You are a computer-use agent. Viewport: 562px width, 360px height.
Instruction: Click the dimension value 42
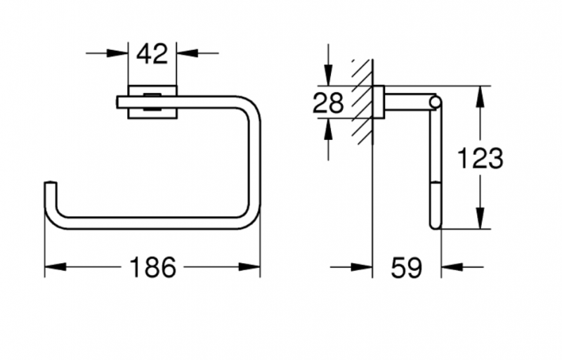[x=152, y=53]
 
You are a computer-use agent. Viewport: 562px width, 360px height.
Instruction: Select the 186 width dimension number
[x=152, y=267]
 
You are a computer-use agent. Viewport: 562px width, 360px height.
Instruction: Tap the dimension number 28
[x=327, y=103]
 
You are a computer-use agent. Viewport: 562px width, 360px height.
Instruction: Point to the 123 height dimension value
[x=481, y=158]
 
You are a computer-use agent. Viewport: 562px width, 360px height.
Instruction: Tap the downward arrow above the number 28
[x=327, y=78]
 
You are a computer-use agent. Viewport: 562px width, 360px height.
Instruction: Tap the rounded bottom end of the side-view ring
[x=436, y=224]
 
